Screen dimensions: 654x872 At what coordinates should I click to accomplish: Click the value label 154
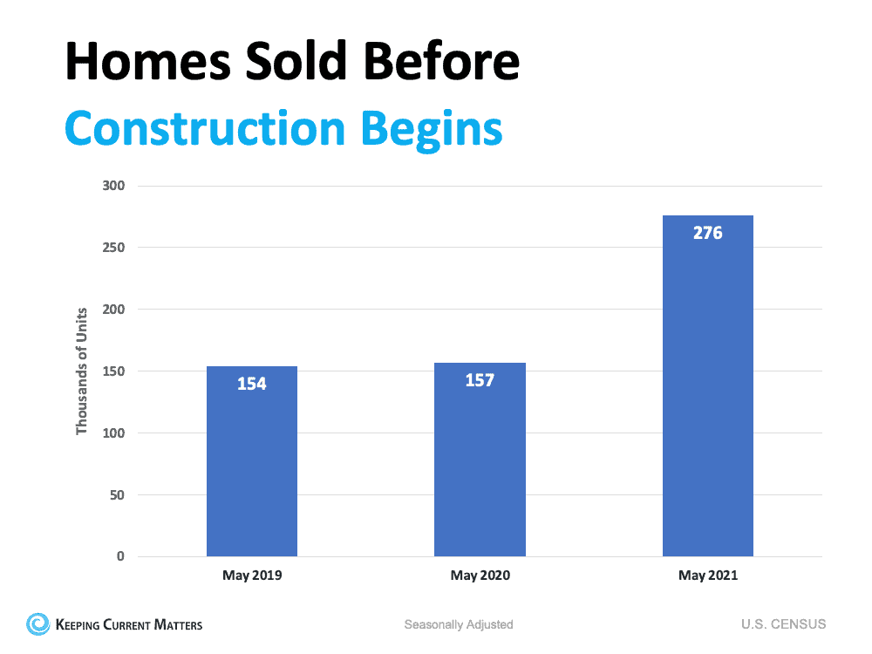(x=252, y=384)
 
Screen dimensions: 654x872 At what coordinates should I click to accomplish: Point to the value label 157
(x=480, y=380)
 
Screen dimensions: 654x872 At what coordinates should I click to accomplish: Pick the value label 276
(x=707, y=233)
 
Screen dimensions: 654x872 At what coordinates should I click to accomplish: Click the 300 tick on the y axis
(x=113, y=186)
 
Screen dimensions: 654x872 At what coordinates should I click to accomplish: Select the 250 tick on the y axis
(x=113, y=248)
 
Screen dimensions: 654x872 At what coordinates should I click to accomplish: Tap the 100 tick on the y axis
(x=113, y=433)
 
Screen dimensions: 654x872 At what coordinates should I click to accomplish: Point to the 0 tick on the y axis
(x=120, y=556)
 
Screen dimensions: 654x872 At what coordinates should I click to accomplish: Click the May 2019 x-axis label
(x=252, y=576)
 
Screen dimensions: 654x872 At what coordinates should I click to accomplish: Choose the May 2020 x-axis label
(x=480, y=576)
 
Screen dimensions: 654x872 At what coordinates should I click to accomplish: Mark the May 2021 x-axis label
(x=707, y=576)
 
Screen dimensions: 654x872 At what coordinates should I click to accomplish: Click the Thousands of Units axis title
(x=82, y=371)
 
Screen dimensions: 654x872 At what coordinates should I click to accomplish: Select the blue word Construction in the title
(x=205, y=128)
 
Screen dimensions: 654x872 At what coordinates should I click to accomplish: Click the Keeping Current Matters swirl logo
(x=38, y=623)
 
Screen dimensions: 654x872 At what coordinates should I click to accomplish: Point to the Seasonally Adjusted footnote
(x=459, y=624)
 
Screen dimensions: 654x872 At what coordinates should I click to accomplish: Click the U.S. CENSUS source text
(x=783, y=624)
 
